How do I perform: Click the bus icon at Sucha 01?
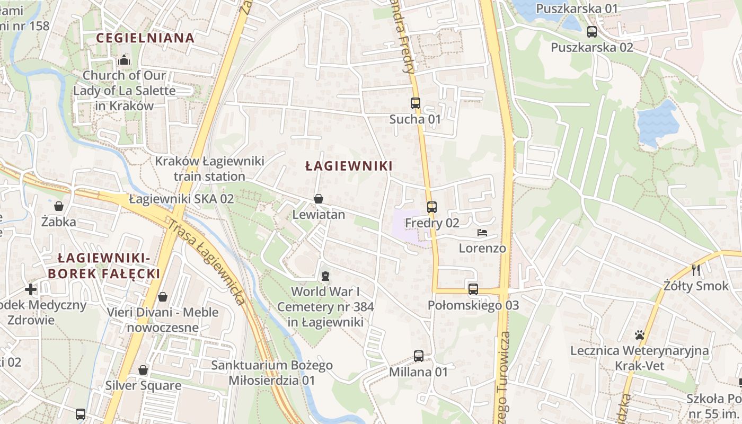(416, 103)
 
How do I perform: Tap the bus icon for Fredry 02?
(432, 207)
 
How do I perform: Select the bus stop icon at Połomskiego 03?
(473, 289)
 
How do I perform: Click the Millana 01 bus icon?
(419, 356)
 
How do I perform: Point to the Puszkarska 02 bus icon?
(592, 32)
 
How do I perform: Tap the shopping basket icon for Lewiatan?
(319, 199)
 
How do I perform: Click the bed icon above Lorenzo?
(482, 233)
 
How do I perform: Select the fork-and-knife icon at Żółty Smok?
(696, 270)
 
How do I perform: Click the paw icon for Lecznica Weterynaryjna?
(640, 335)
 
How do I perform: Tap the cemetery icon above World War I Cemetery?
(325, 276)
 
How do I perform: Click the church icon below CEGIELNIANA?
(124, 60)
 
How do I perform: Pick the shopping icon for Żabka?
(59, 206)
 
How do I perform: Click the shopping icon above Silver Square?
(143, 370)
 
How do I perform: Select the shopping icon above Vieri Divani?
(163, 297)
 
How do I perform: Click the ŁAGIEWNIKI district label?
(349, 166)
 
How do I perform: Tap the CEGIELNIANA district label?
(145, 38)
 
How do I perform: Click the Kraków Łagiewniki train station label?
(209, 169)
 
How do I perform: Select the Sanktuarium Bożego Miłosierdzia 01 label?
(272, 373)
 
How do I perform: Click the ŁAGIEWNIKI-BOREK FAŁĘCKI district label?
(104, 266)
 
